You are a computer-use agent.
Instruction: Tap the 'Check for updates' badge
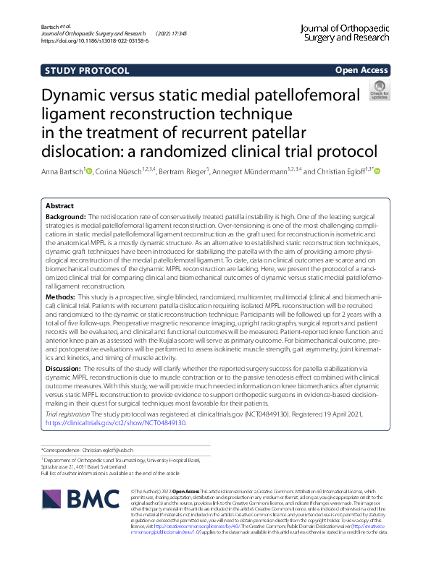click(x=379, y=92)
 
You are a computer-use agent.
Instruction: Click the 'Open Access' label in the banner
click(x=361, y=70)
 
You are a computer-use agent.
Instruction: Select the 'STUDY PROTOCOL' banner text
click(x=87, y=71)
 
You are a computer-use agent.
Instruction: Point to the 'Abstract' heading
click(x=59, y=206)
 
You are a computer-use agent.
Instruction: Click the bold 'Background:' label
click(x=66, y=217)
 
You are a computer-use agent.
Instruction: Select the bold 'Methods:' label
click(x=61, y=317)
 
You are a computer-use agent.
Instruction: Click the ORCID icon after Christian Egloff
click(x=377, y=171)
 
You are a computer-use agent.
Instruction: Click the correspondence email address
click(x=114, y=449)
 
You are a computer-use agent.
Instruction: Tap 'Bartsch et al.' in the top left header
click(x=49, y=26)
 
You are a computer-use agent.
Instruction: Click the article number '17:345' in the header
click(x=178, y=34)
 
